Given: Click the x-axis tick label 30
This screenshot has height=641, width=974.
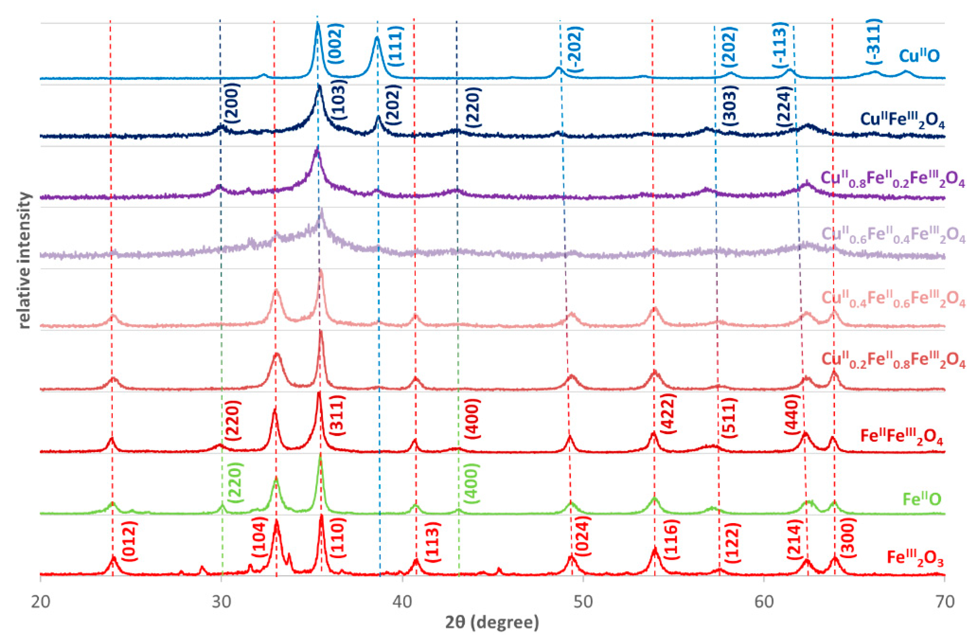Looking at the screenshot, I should (x=221, y=602).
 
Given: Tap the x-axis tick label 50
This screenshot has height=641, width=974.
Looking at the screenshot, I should (x=583, y=602).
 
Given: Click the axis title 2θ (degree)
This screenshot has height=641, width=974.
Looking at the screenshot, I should (x=492, y=622).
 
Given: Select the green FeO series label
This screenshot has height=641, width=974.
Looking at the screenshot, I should (x=922, y=499).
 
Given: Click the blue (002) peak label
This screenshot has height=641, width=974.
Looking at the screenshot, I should (x=336, y=43).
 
